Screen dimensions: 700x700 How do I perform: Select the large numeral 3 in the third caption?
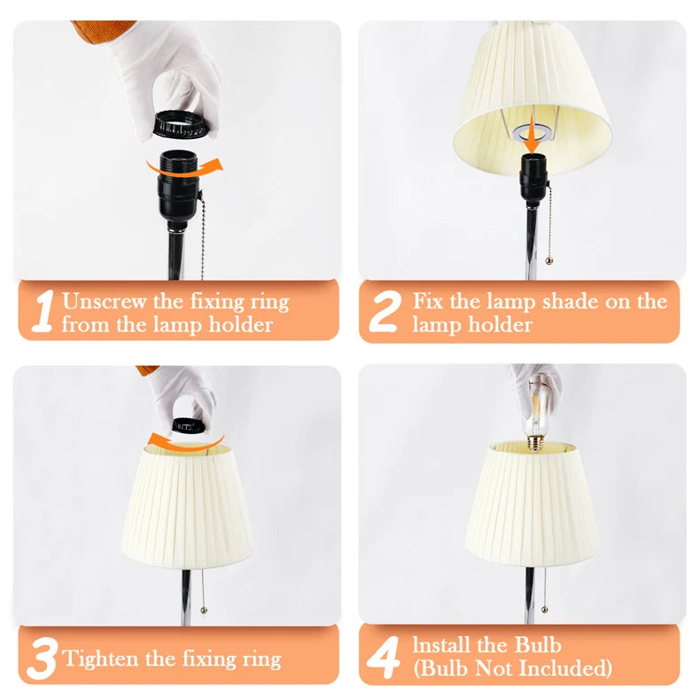[x=42, y=658]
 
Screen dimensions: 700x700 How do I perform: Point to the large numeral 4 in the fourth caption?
[x=383, y=657]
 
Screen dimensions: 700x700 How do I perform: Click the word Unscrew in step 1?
[x=104, y=301]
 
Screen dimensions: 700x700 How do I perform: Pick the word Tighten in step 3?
[x=101, y=659]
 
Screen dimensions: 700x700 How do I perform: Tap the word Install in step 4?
[x=440, y=645]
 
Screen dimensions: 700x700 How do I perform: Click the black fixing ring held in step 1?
[x=181, y=125]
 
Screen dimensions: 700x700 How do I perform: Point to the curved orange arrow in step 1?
[x=185, y=168]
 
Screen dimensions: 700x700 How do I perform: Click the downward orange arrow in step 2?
[x=532, y=134]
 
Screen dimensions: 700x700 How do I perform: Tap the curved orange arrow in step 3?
[x=185, y=441]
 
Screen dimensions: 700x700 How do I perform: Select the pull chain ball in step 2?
[x=548, y=261]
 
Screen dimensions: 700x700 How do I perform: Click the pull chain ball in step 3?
[x=204, y=610]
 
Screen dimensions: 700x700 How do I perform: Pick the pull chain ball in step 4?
[x=544, y=610]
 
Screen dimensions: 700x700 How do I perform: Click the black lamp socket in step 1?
[x=179, y=187]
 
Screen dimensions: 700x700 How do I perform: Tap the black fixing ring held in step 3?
[x=189, y=426]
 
